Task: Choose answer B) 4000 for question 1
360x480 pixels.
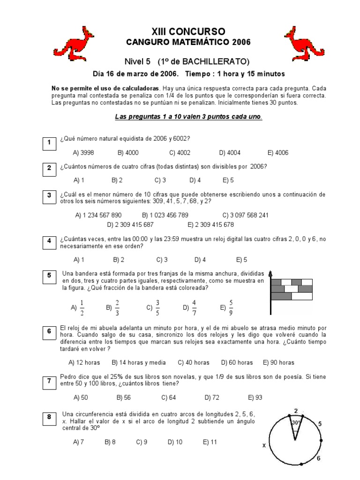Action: coord(128,153)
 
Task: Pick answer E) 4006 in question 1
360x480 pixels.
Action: coord(278,153)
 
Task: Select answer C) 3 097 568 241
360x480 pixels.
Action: coord(246,215)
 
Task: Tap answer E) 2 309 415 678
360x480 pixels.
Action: coord(210,225)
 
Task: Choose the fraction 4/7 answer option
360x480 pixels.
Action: coord(190,307)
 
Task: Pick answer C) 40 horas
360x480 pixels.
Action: coord(194,362)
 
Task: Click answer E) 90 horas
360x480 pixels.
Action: coord(279,362)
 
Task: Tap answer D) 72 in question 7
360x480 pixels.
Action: coord(212,397)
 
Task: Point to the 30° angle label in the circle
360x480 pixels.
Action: coord(295,423)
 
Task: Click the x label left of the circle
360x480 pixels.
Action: coord(264,445)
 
